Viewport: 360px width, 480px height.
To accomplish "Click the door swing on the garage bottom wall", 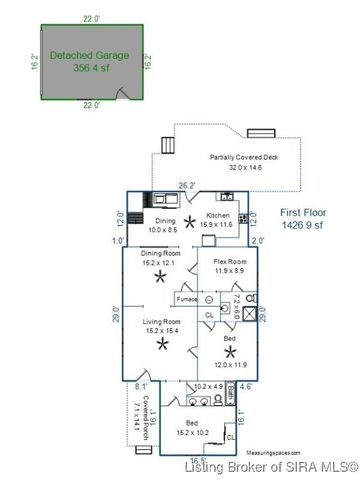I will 122,95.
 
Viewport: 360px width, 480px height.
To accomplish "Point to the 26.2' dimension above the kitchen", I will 187,185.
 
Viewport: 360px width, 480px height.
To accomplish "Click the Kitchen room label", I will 218,215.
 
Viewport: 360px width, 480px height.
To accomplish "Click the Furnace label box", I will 186,299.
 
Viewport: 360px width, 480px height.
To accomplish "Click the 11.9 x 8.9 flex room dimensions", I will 231,271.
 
